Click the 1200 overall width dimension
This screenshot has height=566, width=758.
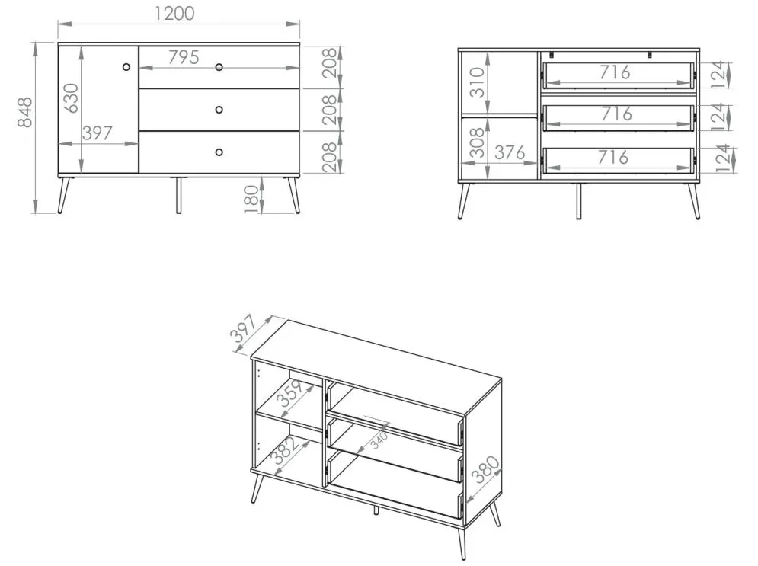tap(174, 13)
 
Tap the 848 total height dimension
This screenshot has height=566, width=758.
tap(24, 112)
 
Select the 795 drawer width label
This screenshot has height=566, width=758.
tap(184, 58)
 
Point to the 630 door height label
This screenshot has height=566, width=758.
tap(71, 98)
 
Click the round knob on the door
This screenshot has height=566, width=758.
tap(126, 67)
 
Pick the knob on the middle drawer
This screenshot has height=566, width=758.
tap(219, 110)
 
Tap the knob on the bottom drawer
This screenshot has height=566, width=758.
tap(219, 152)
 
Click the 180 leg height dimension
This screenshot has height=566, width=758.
tap(251, 198)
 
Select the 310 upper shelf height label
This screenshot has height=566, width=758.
tap(477, 82)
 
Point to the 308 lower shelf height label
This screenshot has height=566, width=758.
tap(477, 142)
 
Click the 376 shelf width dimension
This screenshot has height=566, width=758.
tap(510, 153)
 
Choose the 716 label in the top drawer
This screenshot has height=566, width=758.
tap(615, 72)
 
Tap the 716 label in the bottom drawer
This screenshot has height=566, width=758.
tap(613, 157)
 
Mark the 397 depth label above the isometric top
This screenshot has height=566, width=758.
tap(244, 328)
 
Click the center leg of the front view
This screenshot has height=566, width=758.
tap(178, 195)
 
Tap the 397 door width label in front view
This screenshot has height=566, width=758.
tap(98, 133)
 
